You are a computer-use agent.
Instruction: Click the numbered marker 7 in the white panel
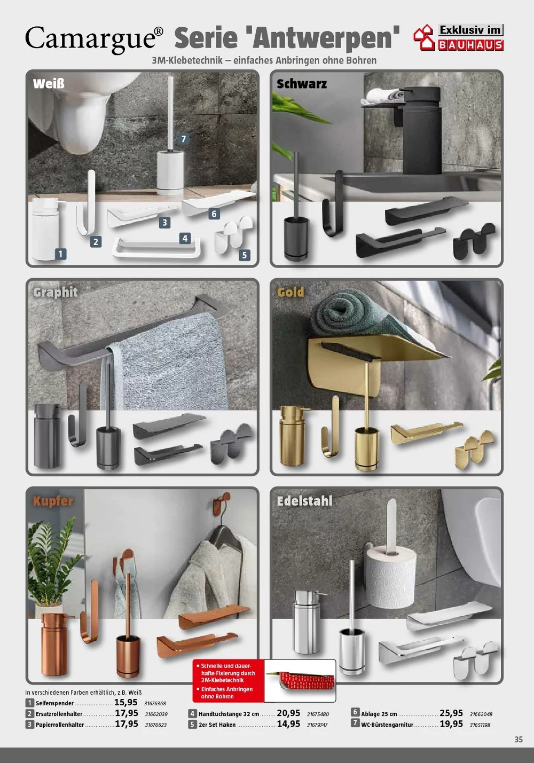tap(184, 139)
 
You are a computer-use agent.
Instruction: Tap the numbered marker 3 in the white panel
tap(164, 223)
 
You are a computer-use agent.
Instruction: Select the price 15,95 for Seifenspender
tap(125, 702)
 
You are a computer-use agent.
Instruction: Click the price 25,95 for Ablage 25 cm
tap(451, 713)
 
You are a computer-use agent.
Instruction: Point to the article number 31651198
tap(480, 725)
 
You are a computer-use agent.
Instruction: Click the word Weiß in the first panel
tap(49, 84)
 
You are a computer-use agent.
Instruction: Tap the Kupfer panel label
tap(53, 501)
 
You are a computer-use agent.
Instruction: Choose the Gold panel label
tap(290, 292)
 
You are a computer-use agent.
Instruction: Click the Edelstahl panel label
tap(304, 501)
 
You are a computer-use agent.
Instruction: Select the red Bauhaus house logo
tap(424, 37)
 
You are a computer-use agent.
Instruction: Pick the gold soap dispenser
tap(293, 436)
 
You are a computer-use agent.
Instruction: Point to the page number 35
tap(519, 740)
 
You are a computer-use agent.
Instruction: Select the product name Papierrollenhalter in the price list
tap(60, 725)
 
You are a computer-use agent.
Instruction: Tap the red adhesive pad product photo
tap(300, 681)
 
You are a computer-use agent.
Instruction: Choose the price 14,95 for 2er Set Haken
tap(288, 724)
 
